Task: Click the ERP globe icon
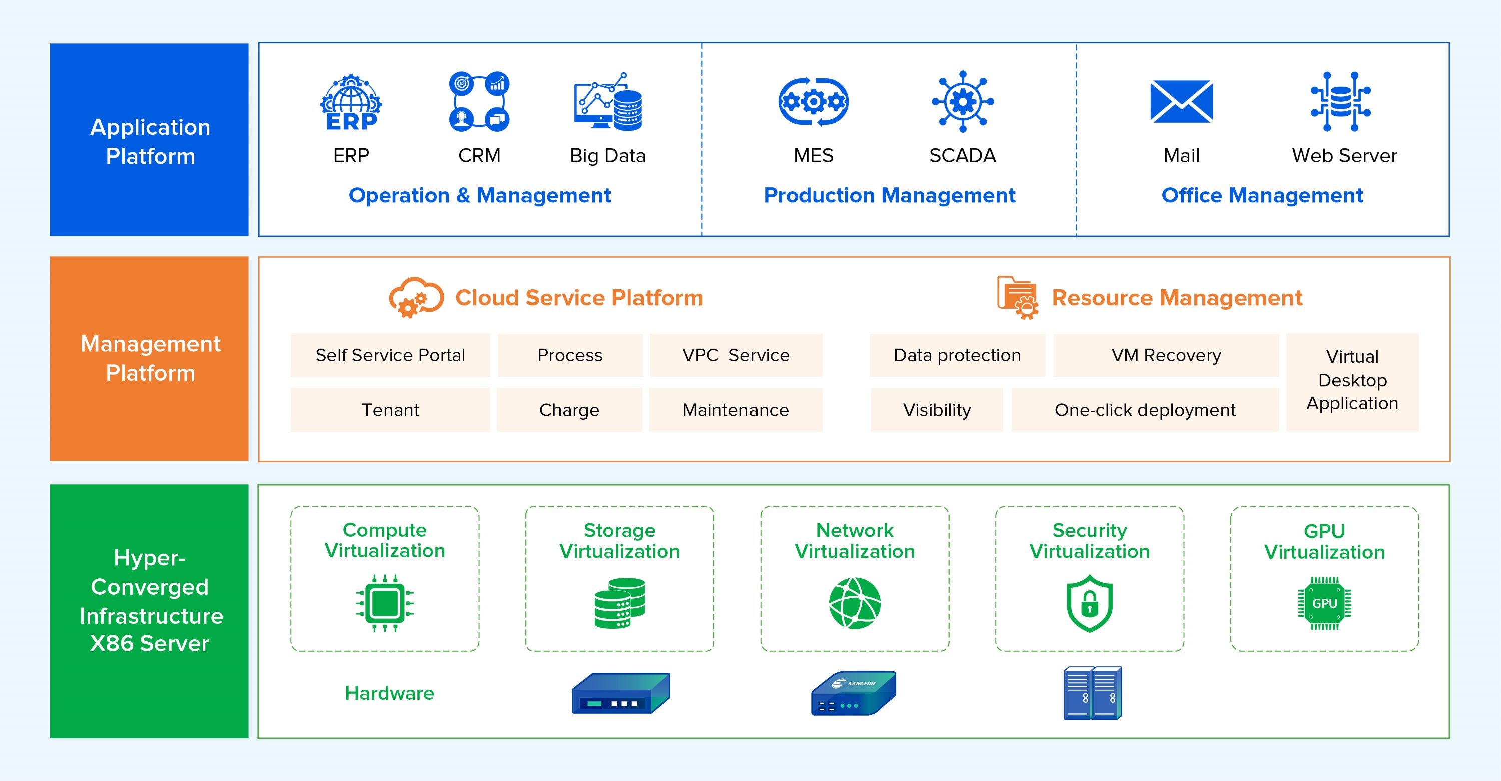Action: click(351, 102)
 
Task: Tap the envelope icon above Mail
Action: click(1181, 102)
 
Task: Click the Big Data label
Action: click(607, 156)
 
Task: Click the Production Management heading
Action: click(889, 195)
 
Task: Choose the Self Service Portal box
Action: click(390, 355)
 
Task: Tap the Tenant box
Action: click(390, 410)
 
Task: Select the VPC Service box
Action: click(735, 355)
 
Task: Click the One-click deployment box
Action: click(1144, 410)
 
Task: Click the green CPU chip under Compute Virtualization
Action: click(385, 603)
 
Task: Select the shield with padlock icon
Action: click(1089, 603)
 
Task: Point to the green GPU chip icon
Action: click(1324, 603)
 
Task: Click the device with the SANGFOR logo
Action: click(853, 693)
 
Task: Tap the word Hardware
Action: click(389, 693)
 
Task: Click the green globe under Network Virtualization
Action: click(854, 603)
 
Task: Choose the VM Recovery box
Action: click(1166, 355)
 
